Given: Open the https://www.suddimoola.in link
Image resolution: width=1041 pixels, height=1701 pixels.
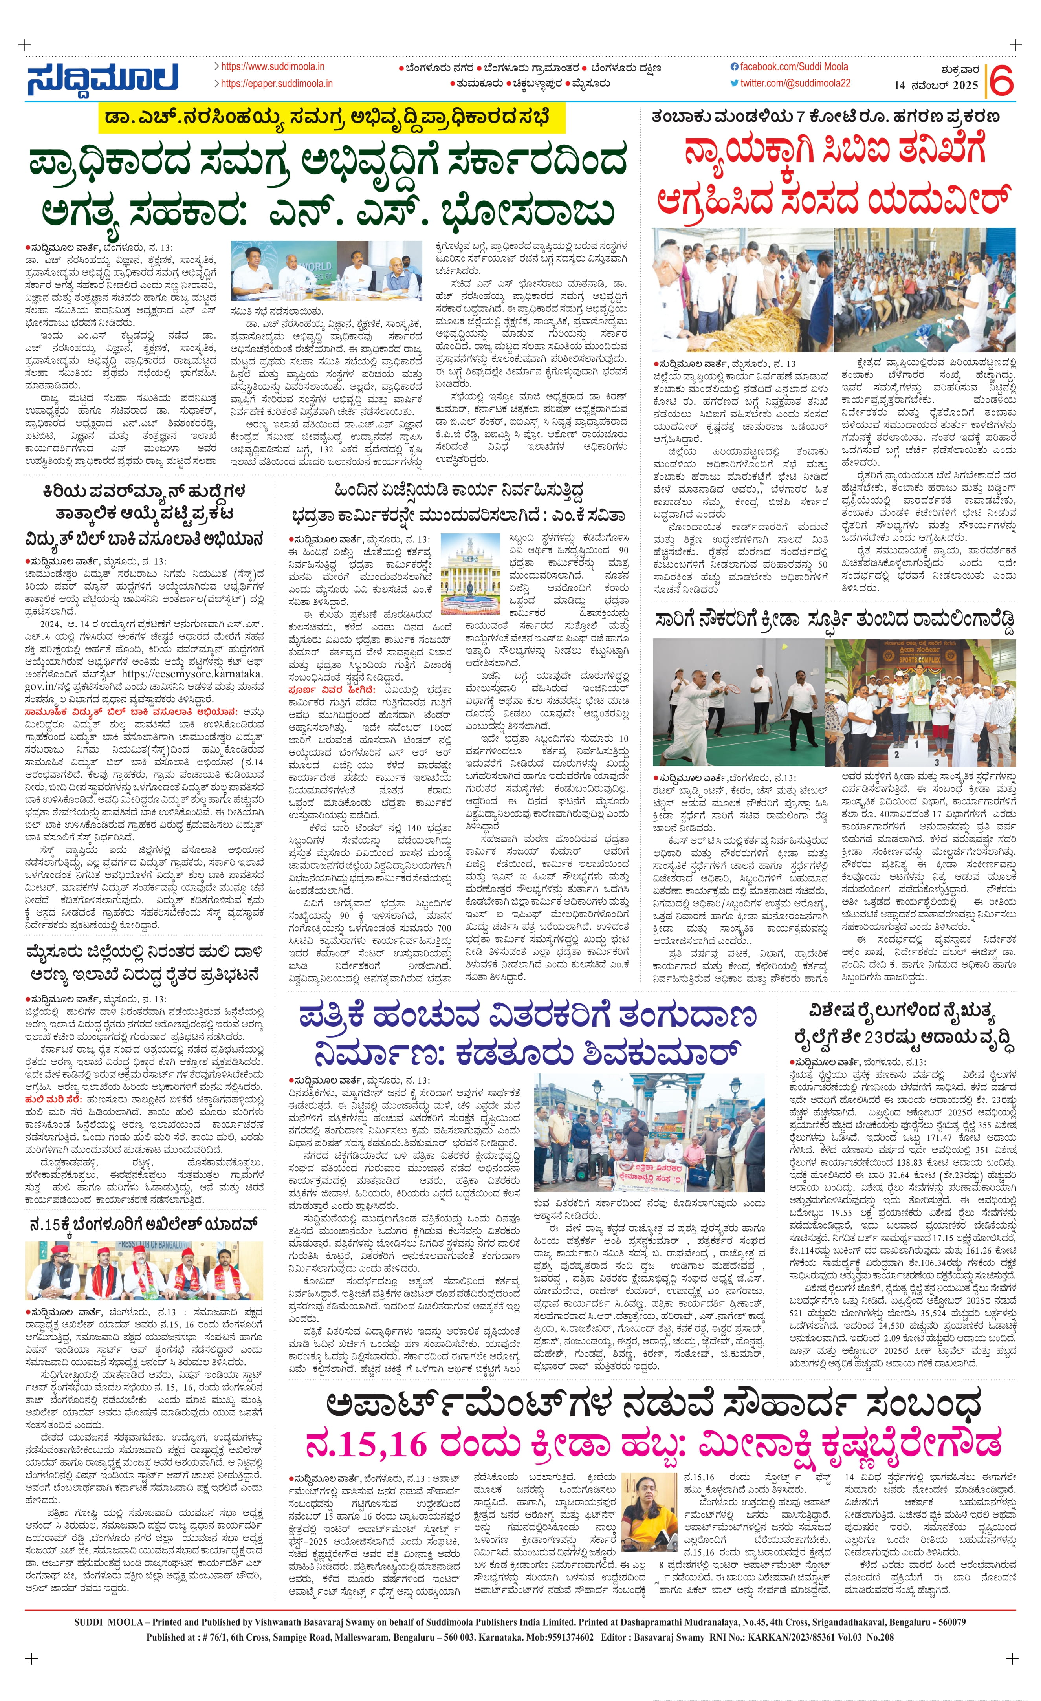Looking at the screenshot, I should coord(273,67).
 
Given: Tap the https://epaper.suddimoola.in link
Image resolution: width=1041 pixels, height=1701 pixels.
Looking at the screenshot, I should coord(276,84).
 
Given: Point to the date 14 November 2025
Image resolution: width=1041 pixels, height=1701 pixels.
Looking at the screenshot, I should coord(935,86).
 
